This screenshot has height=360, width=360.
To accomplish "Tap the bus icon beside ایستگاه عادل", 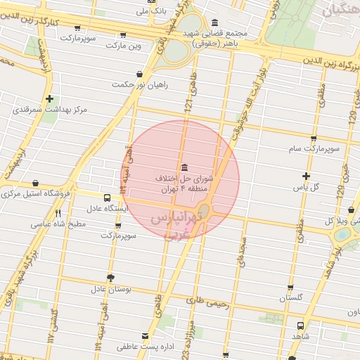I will coord(107,198).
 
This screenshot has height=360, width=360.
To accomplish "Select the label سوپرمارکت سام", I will coord(313,150).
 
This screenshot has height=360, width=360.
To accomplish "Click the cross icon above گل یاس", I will coord(306,176).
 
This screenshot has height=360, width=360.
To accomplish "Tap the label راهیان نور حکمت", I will coord(139,85).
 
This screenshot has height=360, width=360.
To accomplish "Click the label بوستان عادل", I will coord(110,289).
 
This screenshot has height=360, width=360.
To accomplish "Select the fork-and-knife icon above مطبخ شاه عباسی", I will coord(58,214).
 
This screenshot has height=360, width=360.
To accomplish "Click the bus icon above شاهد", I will coord(301,326).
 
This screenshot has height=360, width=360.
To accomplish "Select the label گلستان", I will coord(291,298).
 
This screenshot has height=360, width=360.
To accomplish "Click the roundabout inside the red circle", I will coord(205,210).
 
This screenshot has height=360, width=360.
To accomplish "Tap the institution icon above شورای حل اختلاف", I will coord(184,167).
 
